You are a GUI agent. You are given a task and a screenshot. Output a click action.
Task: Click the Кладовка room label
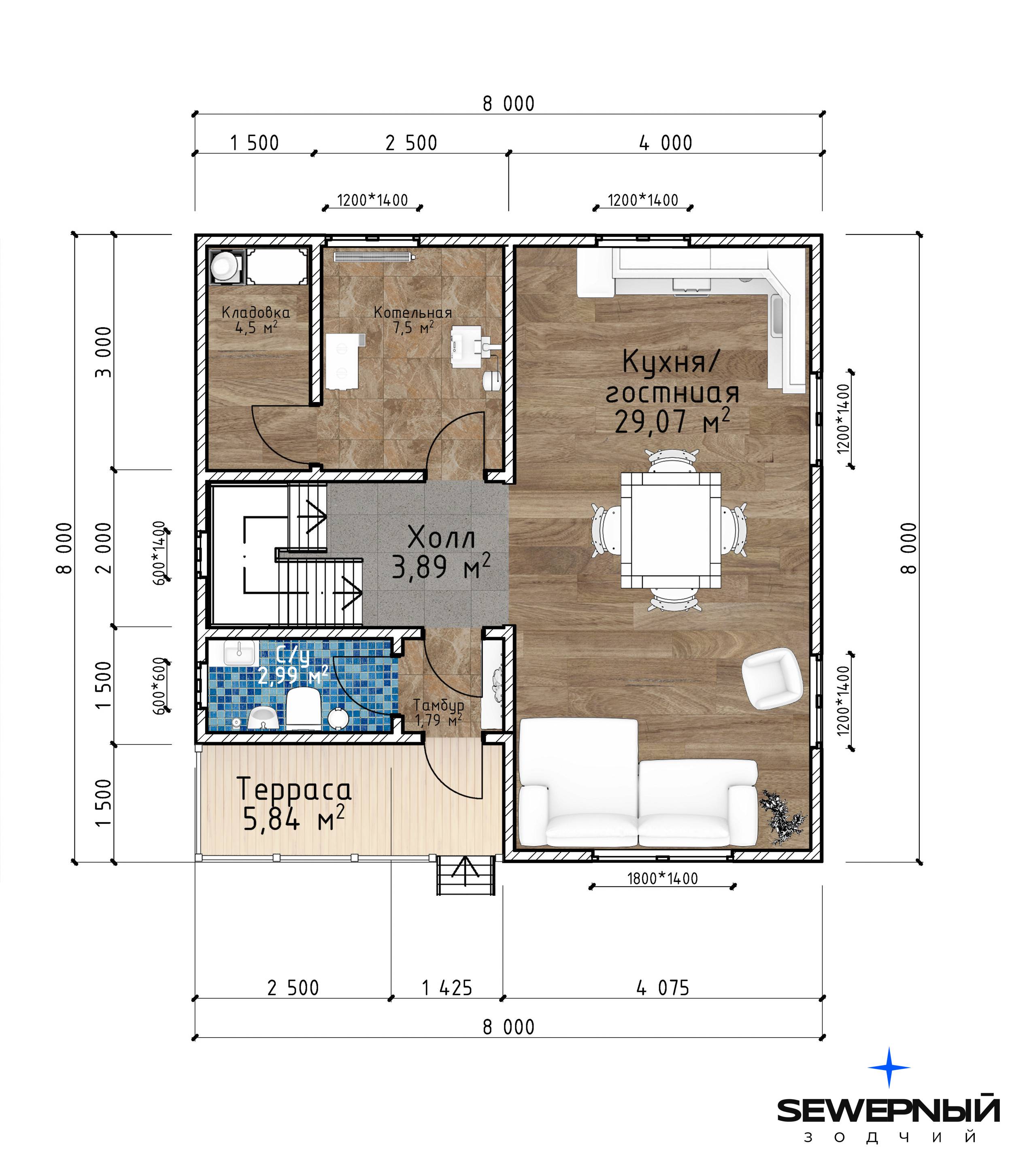[x=255, y=312]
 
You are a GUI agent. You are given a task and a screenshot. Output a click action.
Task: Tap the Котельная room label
[x=412, y=312]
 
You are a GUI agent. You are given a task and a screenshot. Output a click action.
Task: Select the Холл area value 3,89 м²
[x=441, y=567]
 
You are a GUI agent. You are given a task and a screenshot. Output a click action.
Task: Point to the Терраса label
[x=294, y=788]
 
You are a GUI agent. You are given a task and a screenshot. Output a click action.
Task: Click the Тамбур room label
[x=439, y=705]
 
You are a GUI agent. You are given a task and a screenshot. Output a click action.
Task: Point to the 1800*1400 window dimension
[x=662, y=878]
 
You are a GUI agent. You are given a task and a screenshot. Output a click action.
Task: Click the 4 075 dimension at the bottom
[x=662, y=988]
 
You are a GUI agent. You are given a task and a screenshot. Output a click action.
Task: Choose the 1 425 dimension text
[x=446, y=988]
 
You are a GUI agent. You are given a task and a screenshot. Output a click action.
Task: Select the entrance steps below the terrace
[x=465, y=874]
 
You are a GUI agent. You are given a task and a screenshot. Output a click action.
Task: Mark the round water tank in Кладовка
[x=224, y=264]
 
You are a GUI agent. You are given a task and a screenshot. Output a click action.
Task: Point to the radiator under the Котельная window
[x=374, y=257]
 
